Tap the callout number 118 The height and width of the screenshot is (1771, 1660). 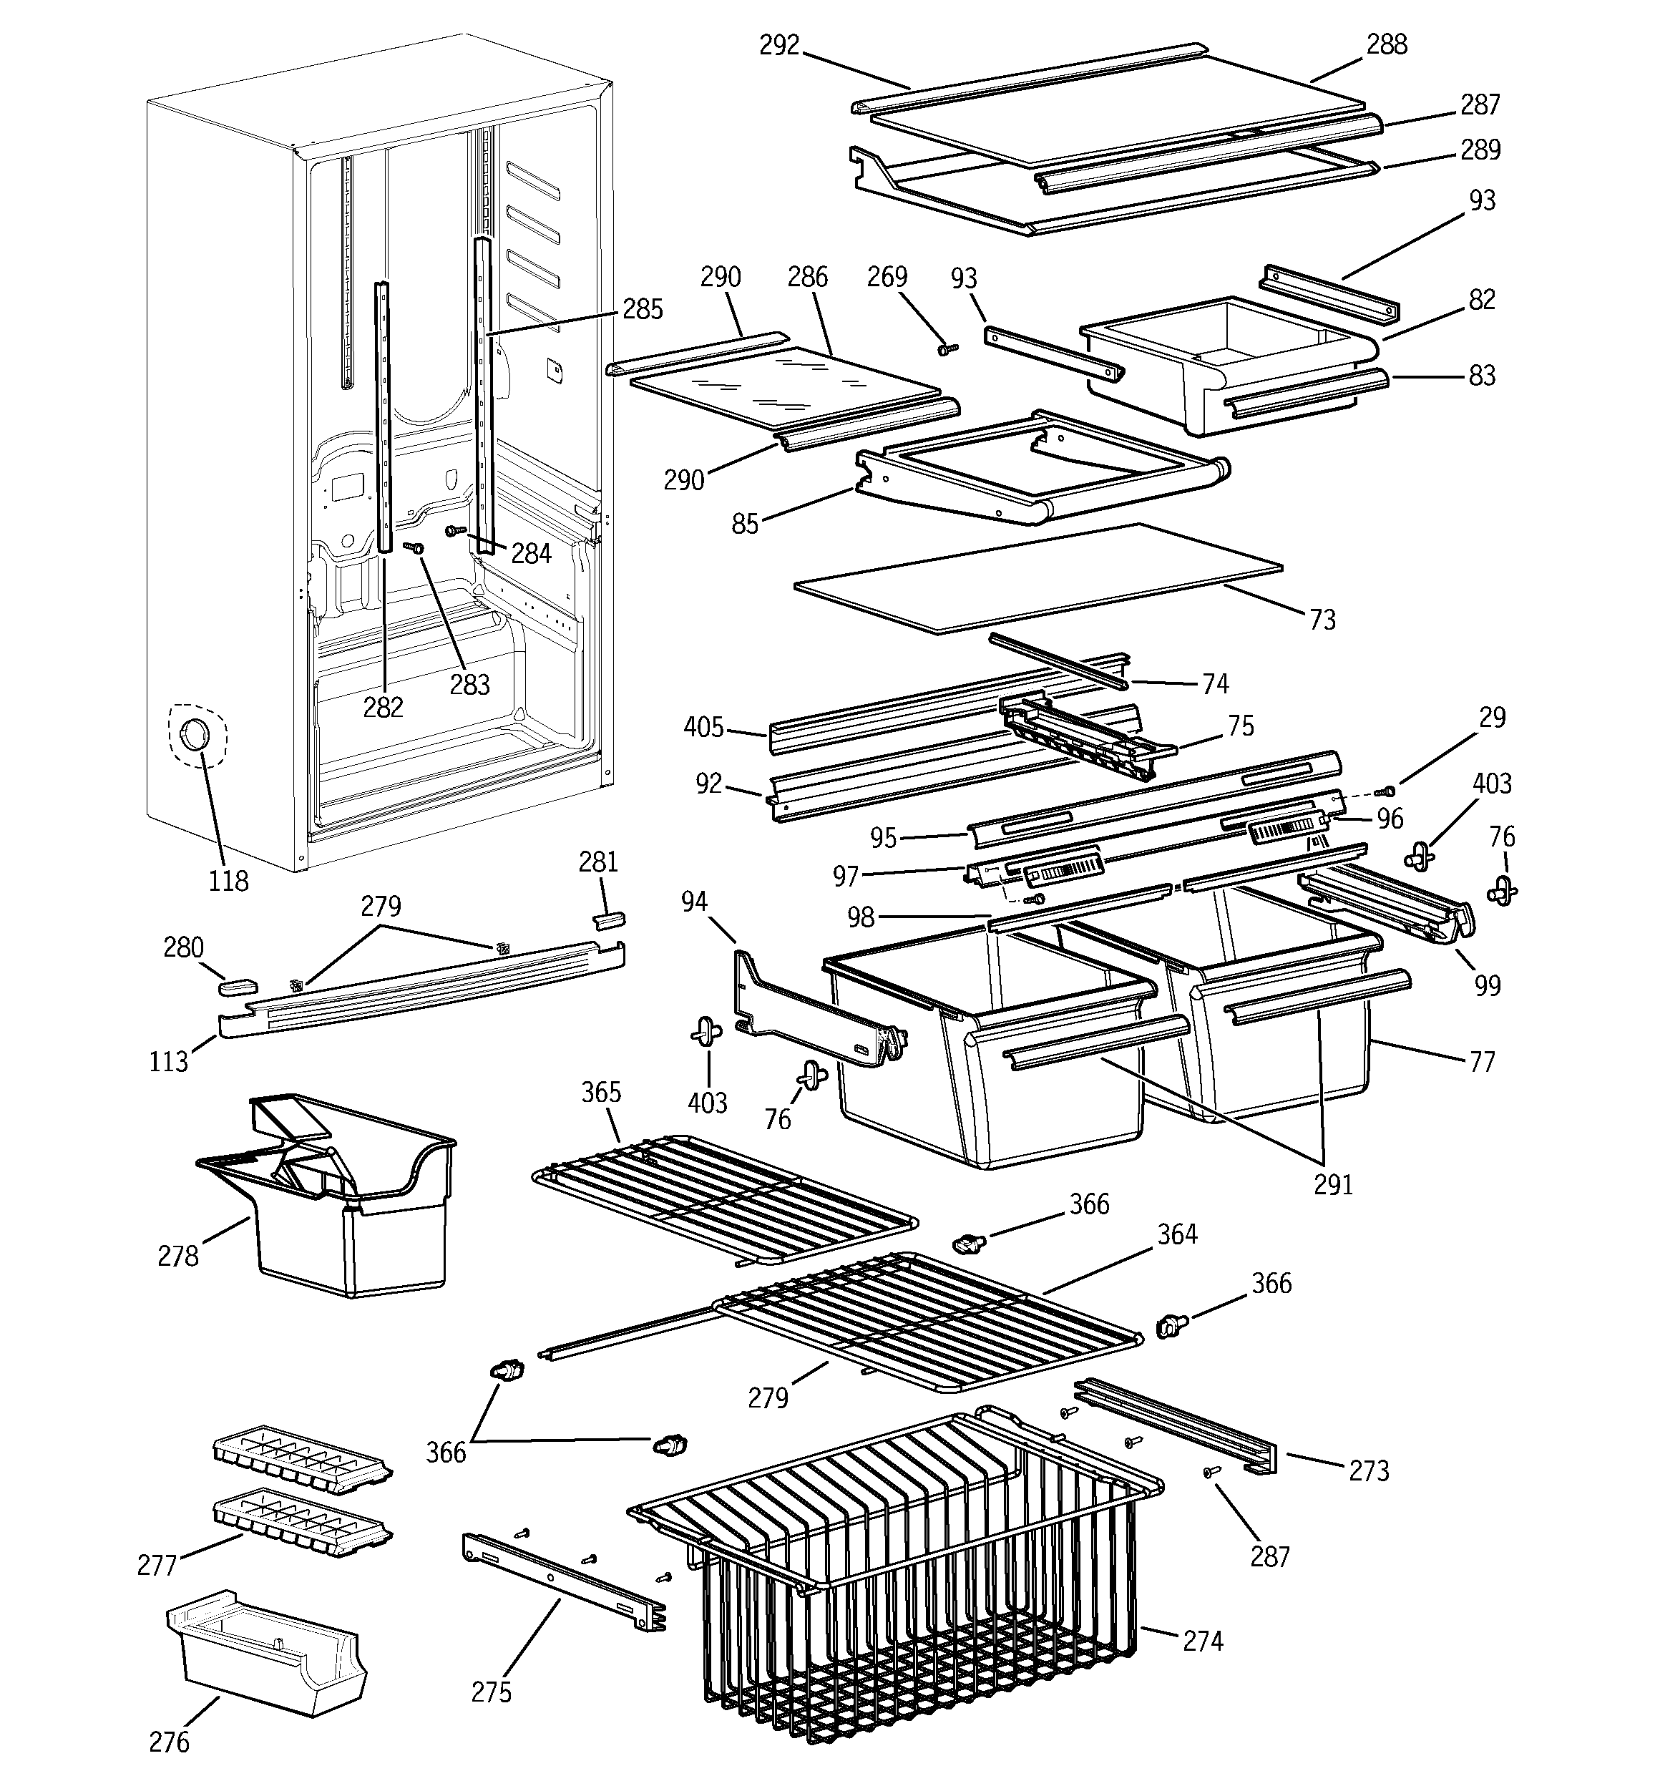(x=228, y=881)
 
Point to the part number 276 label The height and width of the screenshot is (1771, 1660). (x=170, y=1741)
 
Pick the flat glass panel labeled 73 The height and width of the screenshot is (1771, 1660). (x=1034, y=579)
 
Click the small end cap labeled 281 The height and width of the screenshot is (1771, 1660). (x=610, y=919)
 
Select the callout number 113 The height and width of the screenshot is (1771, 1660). (x=168, y=1061)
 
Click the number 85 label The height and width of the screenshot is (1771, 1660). (x=745, y=524)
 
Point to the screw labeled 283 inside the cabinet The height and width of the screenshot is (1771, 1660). (x=415, y=549)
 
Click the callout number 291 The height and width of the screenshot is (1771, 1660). (x=1333, y=1184)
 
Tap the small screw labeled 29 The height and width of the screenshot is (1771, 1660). (x=1387, y=790)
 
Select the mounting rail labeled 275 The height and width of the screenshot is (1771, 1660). (x=562, y=1581)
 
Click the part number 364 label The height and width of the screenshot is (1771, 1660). (x=1177, y=1235)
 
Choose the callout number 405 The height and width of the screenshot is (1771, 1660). (x=703, y=728)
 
